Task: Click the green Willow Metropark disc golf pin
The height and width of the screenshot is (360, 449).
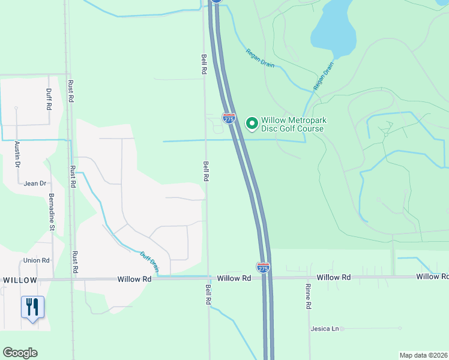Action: tap(252, 123)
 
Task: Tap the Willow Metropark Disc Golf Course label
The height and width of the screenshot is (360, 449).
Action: tap(294, 124)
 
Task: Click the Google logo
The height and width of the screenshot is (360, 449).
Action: tap(20, 353)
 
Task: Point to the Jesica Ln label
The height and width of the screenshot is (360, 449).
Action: tap(325, 329)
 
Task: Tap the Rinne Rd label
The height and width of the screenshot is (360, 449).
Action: tap(308, 296)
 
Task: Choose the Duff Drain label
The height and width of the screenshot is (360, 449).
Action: tap(149, 262)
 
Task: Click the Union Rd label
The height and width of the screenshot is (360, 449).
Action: tap(36, 260)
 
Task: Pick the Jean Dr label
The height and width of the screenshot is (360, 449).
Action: tap(35, 184)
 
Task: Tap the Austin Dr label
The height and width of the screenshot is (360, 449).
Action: tap(17, 154)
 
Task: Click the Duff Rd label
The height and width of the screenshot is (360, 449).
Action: tap(49, 99)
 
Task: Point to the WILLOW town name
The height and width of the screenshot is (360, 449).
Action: tap(20, 280)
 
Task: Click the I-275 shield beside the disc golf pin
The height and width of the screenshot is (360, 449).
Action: tap(229, 119)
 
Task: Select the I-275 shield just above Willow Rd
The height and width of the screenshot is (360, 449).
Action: tap(263, 267)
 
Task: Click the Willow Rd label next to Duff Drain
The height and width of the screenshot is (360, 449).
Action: tap(134, 279)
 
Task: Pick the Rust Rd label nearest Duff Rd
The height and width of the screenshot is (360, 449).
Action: tap(71, 90)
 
